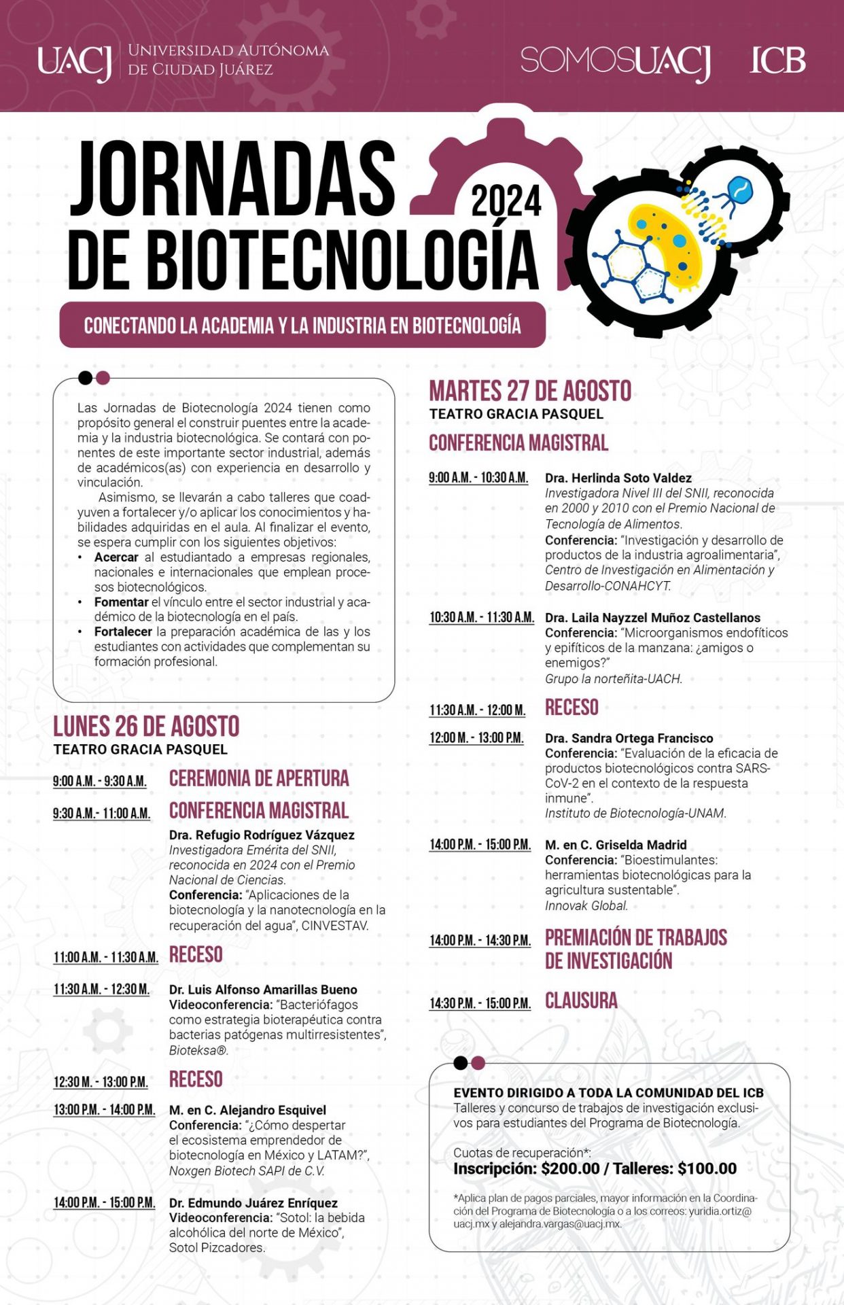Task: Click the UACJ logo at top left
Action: [x=74, y=62]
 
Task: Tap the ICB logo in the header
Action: [x=777, y=61]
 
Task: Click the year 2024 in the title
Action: [x=506, y=201]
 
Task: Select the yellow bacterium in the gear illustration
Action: [x=663, y=241]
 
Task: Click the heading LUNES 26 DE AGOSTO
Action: [x=146, y=727]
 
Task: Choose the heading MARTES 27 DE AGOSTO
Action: [x=530, y=391]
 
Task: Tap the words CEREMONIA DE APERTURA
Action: [x=259, y=779]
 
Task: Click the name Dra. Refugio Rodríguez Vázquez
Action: [x=262, y=835]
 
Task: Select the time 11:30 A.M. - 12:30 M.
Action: [x=102, y=990]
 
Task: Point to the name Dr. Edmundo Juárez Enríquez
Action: [x=253, y=1203]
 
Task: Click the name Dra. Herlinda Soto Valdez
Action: [x=618, y=478]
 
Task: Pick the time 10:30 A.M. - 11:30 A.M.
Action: [x=481, y=618]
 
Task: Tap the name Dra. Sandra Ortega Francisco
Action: [x=629, y=738]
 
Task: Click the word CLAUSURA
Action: [x=581, y=1001]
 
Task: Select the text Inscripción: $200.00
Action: [x=527, y=1168]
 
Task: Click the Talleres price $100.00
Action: [x=707, y=1168]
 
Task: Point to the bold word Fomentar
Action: [x=121, y=602]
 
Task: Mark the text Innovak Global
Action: [x=586, y=905]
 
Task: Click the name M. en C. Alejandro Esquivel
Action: [x=247, y=1110]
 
